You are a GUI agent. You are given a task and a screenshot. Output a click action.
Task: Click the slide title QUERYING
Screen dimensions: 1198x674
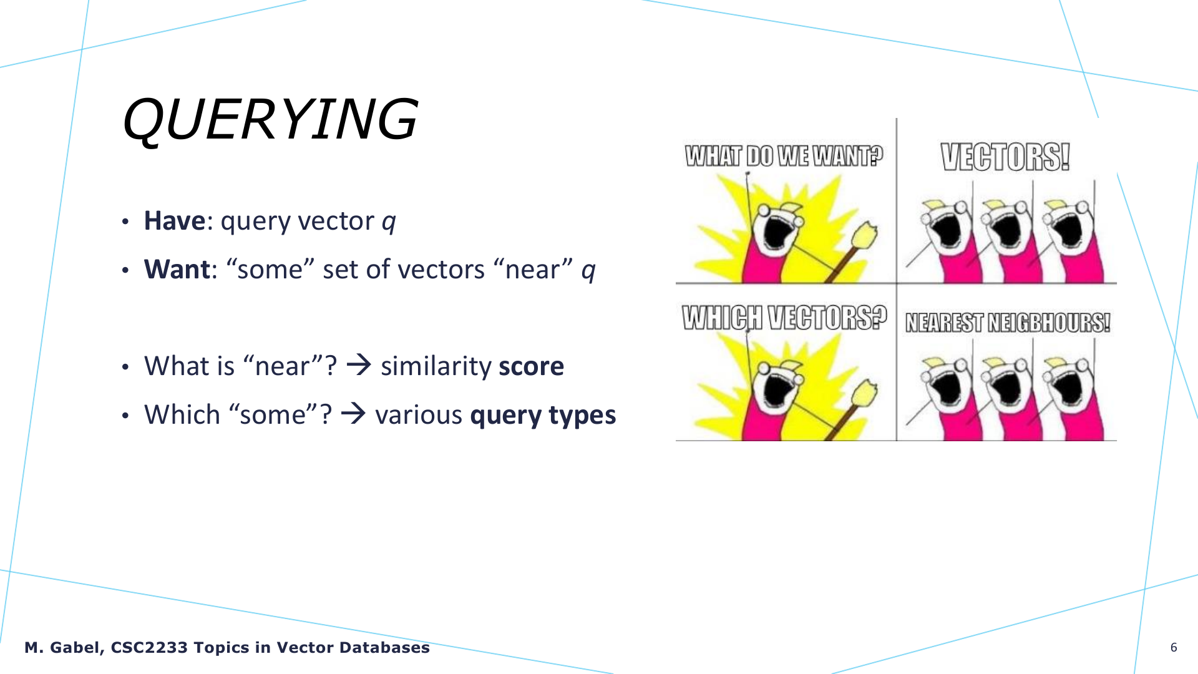point(270,119)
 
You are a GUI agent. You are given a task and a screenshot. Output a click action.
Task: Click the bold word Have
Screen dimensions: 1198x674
point(174,221)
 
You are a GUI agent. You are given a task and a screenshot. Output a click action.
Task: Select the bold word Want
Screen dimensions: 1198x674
point(177,270)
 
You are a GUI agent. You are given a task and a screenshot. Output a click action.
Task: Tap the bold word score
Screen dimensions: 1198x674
point(532,366)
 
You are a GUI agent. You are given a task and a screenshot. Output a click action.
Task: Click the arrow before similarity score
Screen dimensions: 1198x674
point(359,364)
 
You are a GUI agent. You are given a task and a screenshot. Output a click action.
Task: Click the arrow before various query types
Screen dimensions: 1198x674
point(354,413)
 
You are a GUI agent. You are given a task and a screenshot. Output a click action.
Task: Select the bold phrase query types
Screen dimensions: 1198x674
point(543,416)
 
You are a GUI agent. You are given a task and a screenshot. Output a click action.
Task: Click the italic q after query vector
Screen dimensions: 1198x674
point(389,223)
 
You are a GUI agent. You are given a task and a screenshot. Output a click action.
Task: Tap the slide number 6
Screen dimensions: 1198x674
point(1174,647)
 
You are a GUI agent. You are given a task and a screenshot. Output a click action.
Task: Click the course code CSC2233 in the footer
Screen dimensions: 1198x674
point(149,647)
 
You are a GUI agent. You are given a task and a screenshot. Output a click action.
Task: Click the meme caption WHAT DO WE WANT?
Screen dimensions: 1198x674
point(784,156)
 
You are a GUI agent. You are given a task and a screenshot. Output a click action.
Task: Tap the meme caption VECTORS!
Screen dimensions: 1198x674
point(1005,157)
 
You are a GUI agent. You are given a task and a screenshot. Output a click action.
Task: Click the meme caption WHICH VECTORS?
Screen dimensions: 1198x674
point(784,318)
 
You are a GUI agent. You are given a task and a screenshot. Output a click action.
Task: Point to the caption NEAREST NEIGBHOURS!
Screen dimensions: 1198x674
point(1008,323)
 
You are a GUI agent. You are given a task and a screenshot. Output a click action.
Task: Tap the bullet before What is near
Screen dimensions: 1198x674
point(125,367)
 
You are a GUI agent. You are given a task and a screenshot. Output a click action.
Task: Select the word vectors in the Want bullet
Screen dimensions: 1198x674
point(441,270)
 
